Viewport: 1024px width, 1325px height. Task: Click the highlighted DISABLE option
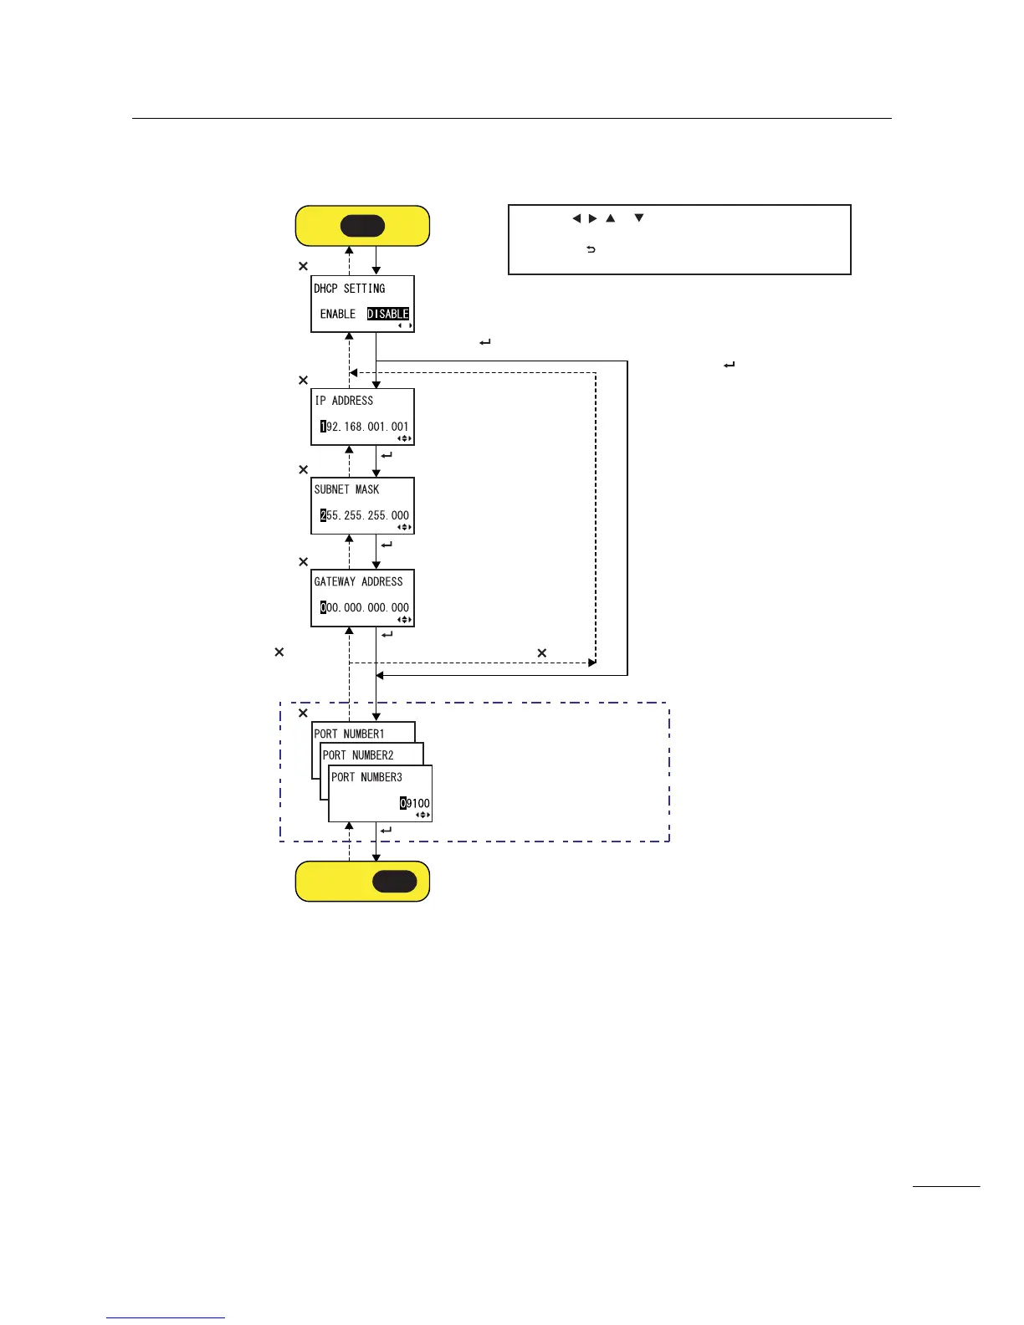[x=388, y=314]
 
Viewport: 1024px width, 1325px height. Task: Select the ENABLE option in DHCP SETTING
[x=338, y=314]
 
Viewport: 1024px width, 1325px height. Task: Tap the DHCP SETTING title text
[x=350, y=289]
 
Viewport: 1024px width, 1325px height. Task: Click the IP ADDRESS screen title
[x=345, y=401]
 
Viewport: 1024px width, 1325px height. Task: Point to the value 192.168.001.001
[x=365, y=427]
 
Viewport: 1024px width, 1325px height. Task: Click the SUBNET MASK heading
[x=347, y=489]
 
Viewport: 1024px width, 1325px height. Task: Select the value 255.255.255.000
[x=365, y=515]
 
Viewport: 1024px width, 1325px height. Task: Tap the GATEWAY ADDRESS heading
[x=359, y=581]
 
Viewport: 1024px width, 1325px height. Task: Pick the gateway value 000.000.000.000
[x=365, y=607]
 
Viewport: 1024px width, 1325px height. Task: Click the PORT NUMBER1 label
[x=350, y=734]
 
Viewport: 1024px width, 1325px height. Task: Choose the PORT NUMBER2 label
[x=358, y=755]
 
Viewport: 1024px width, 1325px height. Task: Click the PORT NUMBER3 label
[x=367, y=777]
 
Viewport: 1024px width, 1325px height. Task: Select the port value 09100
[x=415, y=803]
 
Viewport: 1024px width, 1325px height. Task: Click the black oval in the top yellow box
[x=362, y=226]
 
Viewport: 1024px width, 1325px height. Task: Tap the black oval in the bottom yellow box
[x=394, y=881]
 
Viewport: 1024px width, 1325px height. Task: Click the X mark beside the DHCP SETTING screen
[x=304, y=266]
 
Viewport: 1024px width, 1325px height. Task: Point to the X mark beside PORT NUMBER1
[x=304, y=713]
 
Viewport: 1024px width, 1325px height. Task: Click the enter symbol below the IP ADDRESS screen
[x=387, y=456]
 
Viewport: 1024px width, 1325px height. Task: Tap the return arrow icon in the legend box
[x=591, y=249]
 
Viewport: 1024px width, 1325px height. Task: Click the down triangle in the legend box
[x=639, y=218]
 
